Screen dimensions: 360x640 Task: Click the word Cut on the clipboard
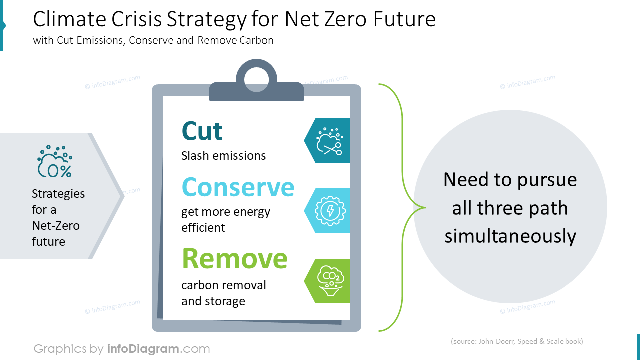pos(202,131)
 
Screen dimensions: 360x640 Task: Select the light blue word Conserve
pos(238,187)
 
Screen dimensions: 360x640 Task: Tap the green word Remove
pos(234,259)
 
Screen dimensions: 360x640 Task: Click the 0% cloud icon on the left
pos(55,162)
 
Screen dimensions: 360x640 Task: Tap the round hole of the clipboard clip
pos(256,76)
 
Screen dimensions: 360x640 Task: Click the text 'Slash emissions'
pos(223,156)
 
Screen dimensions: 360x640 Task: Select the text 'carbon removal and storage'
pos(223,293)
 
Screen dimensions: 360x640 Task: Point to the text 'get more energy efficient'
pos(225,220)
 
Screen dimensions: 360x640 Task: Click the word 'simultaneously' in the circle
pos(510,236)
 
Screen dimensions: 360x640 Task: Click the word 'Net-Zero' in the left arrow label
pos(56,226)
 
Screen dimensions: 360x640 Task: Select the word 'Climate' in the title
pos(66,20)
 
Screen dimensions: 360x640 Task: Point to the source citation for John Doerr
pos(517,342)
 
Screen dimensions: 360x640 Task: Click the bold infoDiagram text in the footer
pos(143,348)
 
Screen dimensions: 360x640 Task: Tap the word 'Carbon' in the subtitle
pos(256,41)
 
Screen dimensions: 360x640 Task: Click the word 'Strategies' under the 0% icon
pos(58,194)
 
